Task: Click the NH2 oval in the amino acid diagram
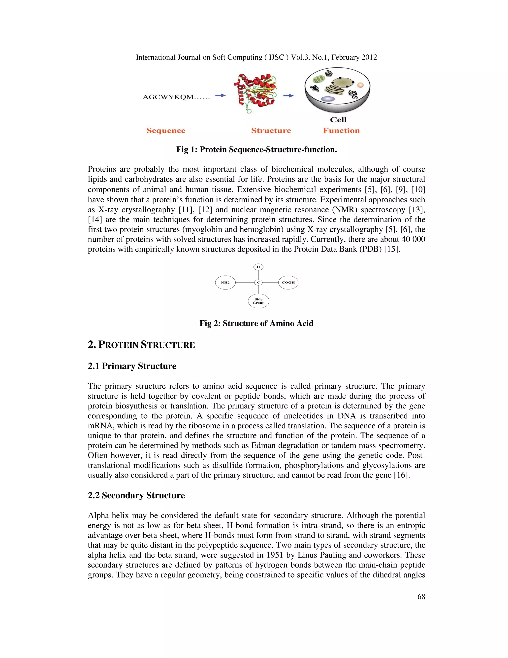click(x=225, y=282)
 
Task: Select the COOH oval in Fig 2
click(x=288, y=282)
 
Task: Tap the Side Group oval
click(x=258, y=301)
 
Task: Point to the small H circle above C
click(x=258, y=267)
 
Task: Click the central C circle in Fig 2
click(x=258, y=282)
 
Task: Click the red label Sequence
click(x=166, y=130)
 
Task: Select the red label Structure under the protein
click(x=271, y=130)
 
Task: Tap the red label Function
click(x=341, y=130)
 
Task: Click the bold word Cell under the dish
click(x=338, y=120)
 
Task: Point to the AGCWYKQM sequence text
click(x=176, y=97)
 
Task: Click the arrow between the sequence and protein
click(x=220, y=96)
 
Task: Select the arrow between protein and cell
click(x=288, y=96)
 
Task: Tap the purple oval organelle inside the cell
click(x=328, y=99)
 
